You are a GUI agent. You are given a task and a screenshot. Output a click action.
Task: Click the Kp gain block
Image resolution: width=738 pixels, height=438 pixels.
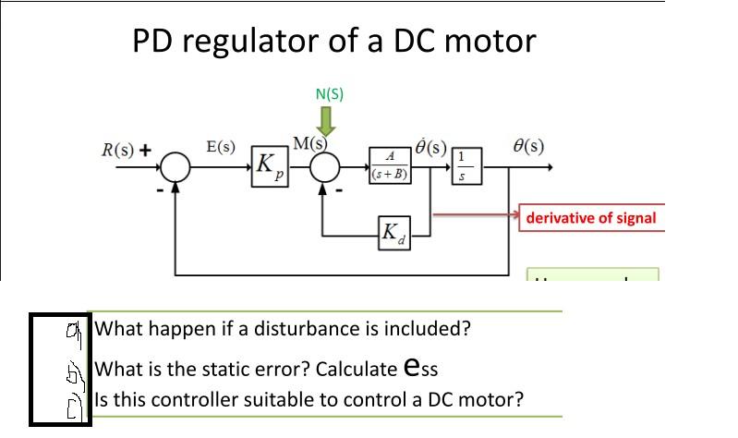pos(266,167)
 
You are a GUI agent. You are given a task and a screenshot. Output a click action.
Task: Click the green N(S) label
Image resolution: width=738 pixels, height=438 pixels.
pos(330,93)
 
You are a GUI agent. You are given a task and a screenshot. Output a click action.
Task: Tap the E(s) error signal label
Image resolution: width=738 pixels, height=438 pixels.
pos(220,146)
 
